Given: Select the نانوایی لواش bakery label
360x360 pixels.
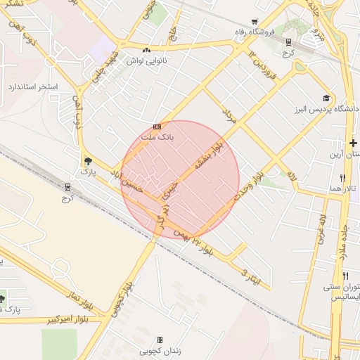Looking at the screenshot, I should pyautogui.click(x=146, y=60).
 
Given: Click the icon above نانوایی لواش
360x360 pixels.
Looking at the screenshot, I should pyautogui.click(x=146, y=50).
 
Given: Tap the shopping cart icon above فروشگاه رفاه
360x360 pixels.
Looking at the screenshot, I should pyautogui.click(x=254, y=21).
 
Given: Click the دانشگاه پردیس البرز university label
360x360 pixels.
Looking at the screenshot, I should pyautogui.click(x=332, y=109).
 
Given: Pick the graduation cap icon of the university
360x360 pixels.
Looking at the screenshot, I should pyautogui.click(x=326, y=98).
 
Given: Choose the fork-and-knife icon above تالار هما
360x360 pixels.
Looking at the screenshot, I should pyautogui.click(x=342, y=179).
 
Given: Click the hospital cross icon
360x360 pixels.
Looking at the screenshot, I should pyautogui.click(x=353, y=143).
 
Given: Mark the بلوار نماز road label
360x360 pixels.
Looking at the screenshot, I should pyautogui.click(x=80, y=299).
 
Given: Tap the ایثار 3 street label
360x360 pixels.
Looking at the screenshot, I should pyautogui.click(x=251, y=276).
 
